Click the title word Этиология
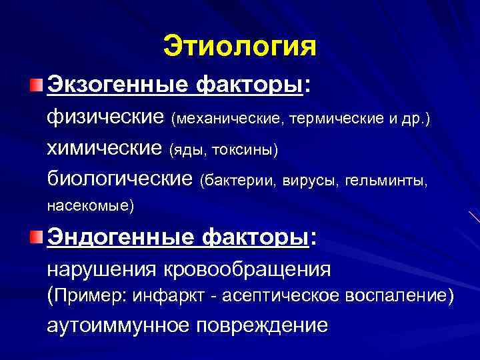(239, 47)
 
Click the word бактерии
(241, 180)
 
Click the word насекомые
(91, 206)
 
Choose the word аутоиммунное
(117, 325)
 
